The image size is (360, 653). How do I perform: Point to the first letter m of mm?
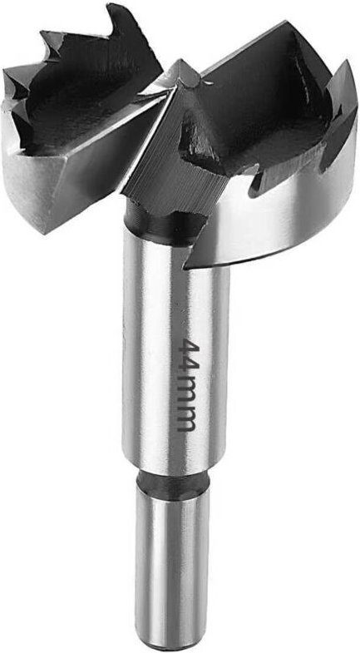pos(187,395)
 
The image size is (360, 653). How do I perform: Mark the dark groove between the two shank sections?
pos(173,480)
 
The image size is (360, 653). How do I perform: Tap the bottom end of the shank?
pos(172,646)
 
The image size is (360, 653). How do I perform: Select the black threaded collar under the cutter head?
pos(166,223)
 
